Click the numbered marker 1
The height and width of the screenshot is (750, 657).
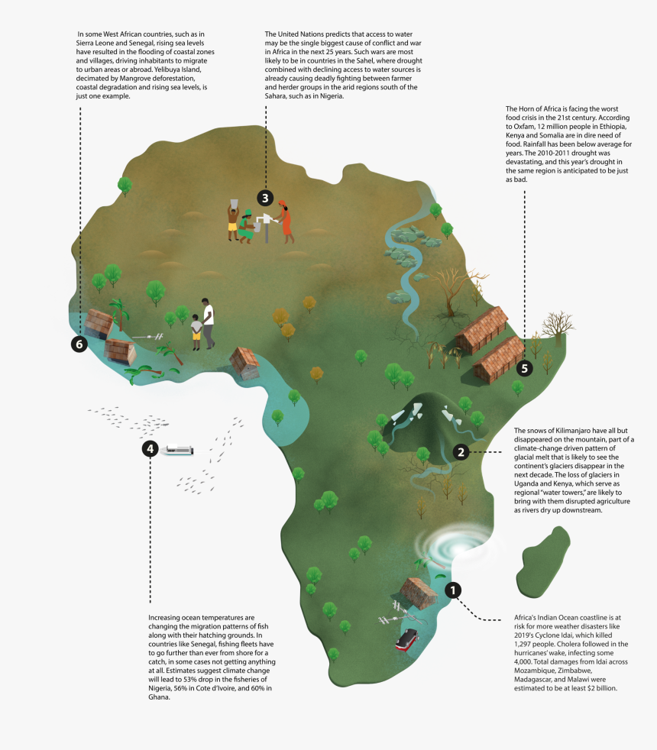[x=453, y=590]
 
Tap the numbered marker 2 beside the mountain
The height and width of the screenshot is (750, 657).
[x=460, y=451]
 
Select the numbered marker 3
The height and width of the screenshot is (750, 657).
[x=264, y=198]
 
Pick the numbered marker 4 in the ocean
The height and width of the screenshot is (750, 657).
[x=150, y=448]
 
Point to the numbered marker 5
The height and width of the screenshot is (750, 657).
[x=523, y=367]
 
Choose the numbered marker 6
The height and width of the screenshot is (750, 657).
[x=79, y=344]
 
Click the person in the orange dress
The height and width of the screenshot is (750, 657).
[x=286, y=221]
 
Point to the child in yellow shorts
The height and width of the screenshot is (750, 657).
[x=196, y=331]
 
